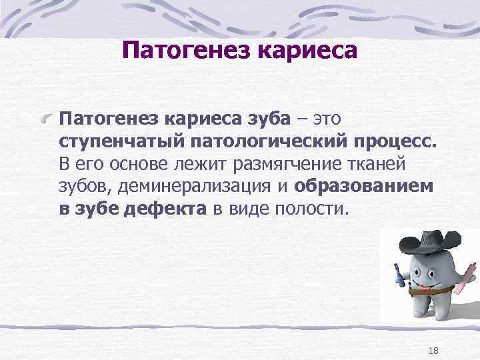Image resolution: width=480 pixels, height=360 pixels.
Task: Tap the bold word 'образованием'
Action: click(363, 187)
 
